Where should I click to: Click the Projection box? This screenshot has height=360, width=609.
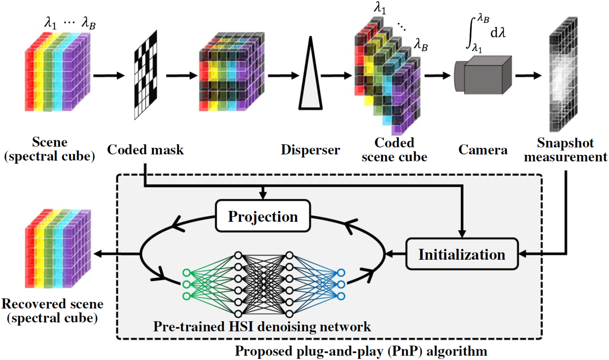263,216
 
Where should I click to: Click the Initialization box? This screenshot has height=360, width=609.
462,254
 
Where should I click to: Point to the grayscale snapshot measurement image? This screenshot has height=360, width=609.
563,75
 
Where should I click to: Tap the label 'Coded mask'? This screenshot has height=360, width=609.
145,149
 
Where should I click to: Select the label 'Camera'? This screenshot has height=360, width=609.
482,149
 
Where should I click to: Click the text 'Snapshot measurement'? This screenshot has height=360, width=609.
565,150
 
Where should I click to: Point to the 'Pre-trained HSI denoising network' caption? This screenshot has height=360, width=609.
262,327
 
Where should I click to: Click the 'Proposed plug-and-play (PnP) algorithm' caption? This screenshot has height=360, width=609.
361,351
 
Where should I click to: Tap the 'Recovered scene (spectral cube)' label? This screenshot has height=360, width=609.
52,311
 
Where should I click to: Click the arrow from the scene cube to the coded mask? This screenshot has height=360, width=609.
109,76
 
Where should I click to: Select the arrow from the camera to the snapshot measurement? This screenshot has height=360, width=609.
528,75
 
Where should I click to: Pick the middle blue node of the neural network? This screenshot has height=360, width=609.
341,284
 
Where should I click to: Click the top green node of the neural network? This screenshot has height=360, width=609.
186,273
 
